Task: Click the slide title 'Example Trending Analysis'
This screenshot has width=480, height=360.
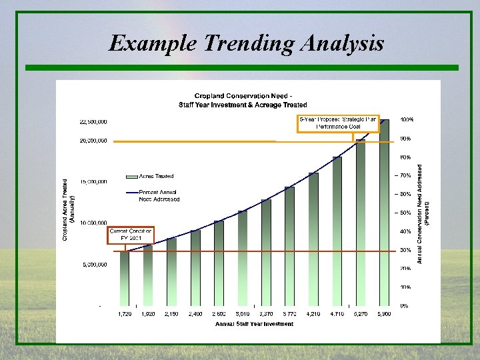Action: coord(246,44)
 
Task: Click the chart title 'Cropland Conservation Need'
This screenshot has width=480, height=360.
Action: coord(243,96)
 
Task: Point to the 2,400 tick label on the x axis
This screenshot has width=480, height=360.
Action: coord(195,313)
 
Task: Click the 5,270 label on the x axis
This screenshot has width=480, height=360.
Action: coord(360,313)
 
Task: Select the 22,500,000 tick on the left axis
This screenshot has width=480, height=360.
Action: coord(94,121)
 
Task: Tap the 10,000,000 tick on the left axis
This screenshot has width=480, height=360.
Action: coord(94,223)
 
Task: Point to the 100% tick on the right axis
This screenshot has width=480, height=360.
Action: coord(407,119)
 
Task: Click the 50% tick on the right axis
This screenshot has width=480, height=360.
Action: coord(405,213)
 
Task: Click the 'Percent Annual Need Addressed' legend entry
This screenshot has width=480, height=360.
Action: coord(159,195)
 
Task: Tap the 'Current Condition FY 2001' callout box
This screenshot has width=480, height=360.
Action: coord(131,235)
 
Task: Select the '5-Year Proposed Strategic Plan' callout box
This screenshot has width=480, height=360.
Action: coord(337,123)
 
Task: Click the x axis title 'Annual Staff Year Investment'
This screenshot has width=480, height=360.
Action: coord(254,325)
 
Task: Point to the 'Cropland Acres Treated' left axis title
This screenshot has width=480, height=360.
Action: coord(69,210)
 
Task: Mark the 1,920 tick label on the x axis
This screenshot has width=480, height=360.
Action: coord(148,313)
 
